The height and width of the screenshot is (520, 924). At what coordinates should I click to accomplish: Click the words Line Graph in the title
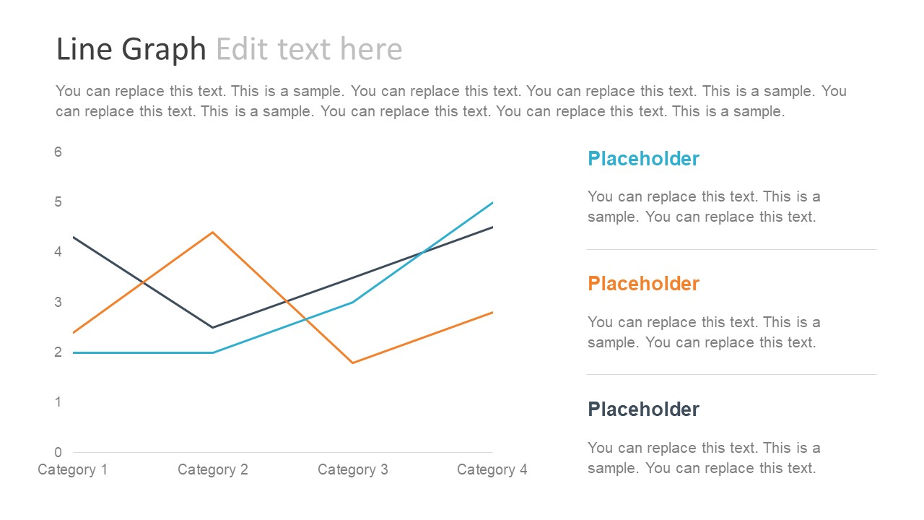[x=131, y=49]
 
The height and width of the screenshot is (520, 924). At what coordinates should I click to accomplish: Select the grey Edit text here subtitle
[x=309, y=49]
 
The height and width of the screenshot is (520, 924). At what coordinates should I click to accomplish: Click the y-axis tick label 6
[x=58, y=152]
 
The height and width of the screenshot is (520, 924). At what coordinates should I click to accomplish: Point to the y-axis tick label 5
[x=58, y=202]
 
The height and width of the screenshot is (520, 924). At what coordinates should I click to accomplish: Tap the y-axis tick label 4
[x=58, y=252]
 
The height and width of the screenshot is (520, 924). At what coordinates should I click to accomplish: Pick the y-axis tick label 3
[x=58, y=302]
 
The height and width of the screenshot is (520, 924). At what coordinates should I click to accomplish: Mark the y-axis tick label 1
[x=58, y=402]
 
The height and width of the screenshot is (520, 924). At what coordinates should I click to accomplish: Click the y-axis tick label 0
[x=58, y=453]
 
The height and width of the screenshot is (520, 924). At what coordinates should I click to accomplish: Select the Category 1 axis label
[x=72, y=470]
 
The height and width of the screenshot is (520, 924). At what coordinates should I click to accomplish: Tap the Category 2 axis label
[x=212, y=470]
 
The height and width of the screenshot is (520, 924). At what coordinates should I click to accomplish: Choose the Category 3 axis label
[x=352, y=470]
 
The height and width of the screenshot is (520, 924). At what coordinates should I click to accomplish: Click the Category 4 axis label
[x=492, y=470]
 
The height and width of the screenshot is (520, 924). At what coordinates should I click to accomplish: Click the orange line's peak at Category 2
[x=212, y=232]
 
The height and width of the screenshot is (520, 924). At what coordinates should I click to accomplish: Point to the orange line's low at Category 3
[x=352, y=363]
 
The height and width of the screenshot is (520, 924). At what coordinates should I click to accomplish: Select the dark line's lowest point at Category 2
[x=212, y=327]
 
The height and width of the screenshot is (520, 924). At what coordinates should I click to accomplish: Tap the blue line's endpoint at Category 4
[x=492, y=202]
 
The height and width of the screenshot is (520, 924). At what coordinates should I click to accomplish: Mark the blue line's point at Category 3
[x=352, y=302]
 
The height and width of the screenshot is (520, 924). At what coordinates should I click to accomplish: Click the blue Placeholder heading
[x=643, y=159]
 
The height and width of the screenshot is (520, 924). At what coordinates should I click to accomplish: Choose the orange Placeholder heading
[x=643, y=284]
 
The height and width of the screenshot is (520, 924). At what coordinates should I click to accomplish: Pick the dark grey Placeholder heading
[x=643, y=409]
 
